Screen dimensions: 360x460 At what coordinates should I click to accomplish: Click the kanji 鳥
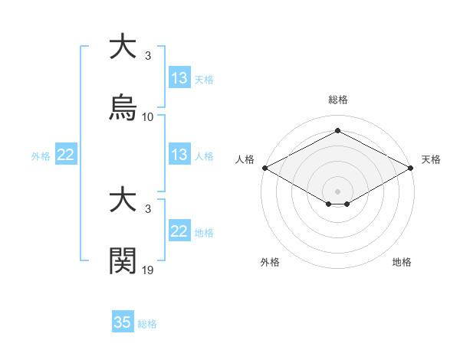tap(124, 108)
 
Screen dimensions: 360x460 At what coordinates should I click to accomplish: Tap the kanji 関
tap(124, 261)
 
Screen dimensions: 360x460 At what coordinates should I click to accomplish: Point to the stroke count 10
tap(148, 117)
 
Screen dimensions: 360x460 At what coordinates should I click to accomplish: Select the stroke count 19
tap(148, 270)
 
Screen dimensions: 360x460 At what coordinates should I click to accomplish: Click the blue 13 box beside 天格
tap(179, 78)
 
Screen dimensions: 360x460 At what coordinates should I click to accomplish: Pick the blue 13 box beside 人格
tap(179, 155)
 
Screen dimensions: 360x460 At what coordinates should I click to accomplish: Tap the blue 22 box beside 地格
tap(179, 231)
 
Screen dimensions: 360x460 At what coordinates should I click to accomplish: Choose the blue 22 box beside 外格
tap(66, 155)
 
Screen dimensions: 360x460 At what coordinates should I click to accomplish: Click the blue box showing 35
tap(123, 322)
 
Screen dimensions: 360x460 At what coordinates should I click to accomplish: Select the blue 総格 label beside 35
tap(147, 324)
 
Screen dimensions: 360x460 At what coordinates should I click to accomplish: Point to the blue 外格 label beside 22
tap(41, 155)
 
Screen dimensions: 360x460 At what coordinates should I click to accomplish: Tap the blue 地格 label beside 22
tap(204, 232)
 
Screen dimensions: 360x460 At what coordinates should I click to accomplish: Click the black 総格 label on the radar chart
tap(338, 100)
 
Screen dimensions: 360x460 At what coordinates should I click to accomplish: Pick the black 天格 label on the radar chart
tap(431, 159)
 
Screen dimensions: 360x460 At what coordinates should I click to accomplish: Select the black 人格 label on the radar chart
tap(245, 159)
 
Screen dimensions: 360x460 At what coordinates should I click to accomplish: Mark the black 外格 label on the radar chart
tap(270, 262)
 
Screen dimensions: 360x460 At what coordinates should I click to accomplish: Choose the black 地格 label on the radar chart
tap(402, 262)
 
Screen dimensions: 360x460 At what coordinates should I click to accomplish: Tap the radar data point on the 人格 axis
tap(264, 168)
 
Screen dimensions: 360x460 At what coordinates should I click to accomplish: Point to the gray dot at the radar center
tap(338, 191)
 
